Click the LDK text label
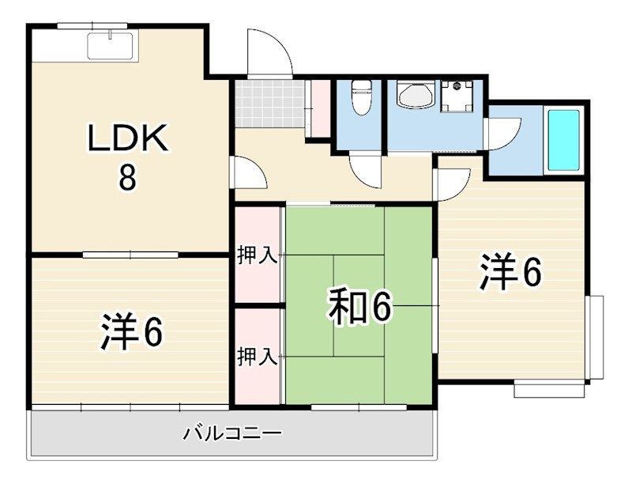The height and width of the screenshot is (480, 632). (x=127, y=141)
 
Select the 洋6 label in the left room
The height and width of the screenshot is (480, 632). (x=132, y=332)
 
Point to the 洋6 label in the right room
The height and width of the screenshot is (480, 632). (x=510, y=274)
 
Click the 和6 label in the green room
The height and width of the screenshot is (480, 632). (x=360, y=308)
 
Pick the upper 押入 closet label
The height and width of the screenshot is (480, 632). (x=258, y=255)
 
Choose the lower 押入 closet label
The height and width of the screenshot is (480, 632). (x=258, y=357)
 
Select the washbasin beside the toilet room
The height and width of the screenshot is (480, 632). (x=414, y=96)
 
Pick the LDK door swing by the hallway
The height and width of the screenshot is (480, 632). (x=248, y=172)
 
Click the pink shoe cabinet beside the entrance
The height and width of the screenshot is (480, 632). (x=320, y=109)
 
